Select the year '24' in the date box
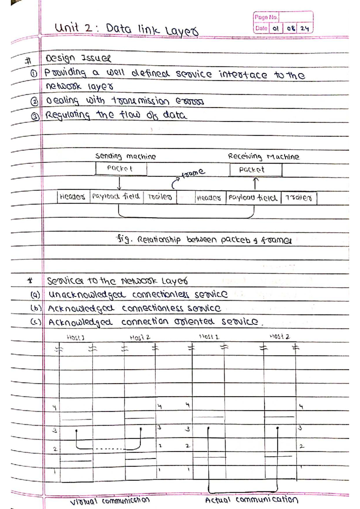(x=304, y=28)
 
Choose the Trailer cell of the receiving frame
(x=298, y=198)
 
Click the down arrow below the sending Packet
(x=119, y=183)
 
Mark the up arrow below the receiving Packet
(x=255, y=183)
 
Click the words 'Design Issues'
(x=78, y=58)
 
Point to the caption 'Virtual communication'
(x=110, y=501)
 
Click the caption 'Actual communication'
(x=251, y=500)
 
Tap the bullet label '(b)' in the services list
(x=36, y=308)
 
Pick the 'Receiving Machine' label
(x=263, y=156)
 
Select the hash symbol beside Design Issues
(x=28, y=61)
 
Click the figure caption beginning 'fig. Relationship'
(x=203, y=240)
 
